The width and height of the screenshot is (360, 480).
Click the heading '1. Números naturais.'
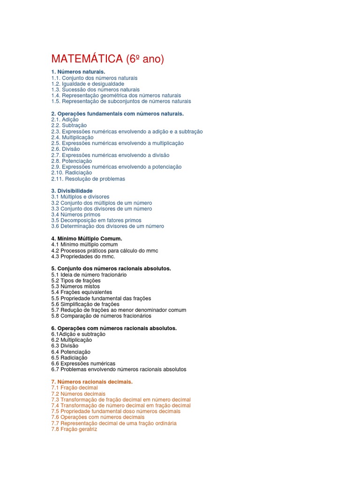pyautogui.click(x=75, y=72)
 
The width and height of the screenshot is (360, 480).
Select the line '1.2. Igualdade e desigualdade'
pyautogui.click(x=88, y=83)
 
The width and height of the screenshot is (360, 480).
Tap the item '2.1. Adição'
pyautogui.click(x=65, y=120)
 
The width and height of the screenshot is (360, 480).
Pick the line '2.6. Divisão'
pyautogui.click(x=66, y=149)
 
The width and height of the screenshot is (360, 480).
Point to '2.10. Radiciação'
pyautogui.click(x=72, y=172)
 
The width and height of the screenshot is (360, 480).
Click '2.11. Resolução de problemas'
pyautogui.click(x=88, y=179)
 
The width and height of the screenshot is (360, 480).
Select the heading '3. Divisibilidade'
pyautogui.click(x=72, y=191)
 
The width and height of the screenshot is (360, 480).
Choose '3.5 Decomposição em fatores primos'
pyautogui.click(x=96, y=220)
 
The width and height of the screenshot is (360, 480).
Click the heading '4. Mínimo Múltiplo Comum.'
pyautogui.click(x=87, y=239)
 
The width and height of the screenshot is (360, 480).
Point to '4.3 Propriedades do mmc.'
pyautogui.click(x=83, y=256)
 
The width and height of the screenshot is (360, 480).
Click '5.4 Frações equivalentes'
pyautogui.click(x=82, y=292)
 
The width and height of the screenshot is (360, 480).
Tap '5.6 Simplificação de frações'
pyautogui.click(x=85, y=304)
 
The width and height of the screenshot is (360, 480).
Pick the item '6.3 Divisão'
pyautogui.click(x=65, y=346)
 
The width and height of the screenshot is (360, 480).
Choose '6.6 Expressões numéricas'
pyautogui.click(x=83, y=363)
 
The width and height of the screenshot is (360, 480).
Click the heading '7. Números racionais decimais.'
pyautogui.click(x=92, y=382)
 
